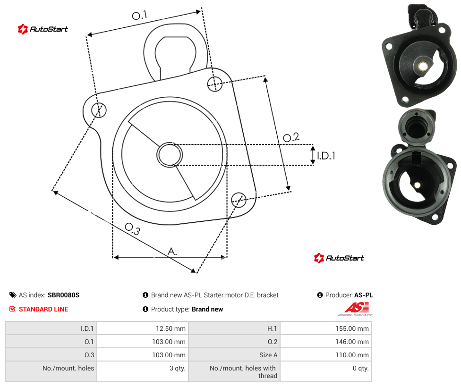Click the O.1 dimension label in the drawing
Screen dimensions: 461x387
click(x=139, y=15)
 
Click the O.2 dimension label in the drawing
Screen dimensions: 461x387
click(x=291, y=137)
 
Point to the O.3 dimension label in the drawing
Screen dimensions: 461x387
click(x=133, y=229)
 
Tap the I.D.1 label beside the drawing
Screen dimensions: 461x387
click(x=326, y=156)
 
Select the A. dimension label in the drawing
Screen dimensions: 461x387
click(x=172, y=251)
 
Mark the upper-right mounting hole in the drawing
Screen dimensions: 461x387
click(x=215, y=84)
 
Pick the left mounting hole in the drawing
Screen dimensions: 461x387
click(x=99, y=110)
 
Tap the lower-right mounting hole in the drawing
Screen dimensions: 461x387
click(x=239, y=200)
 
